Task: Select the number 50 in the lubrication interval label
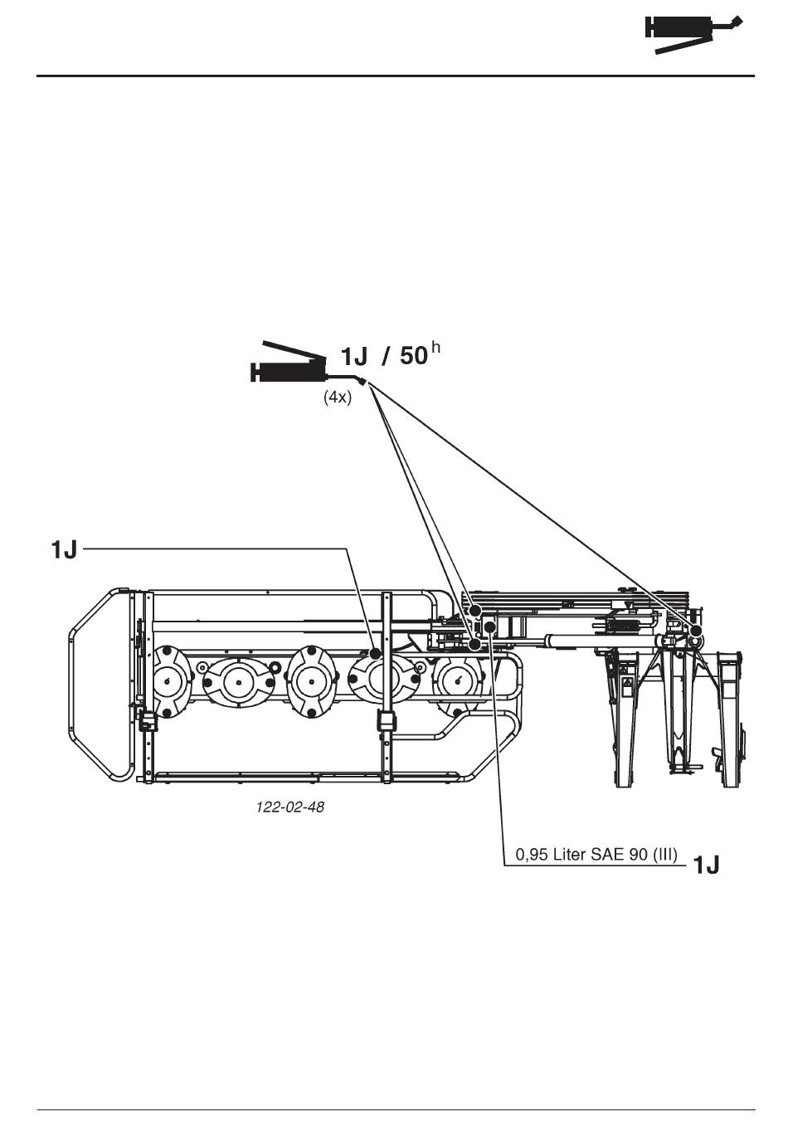click(414, 355)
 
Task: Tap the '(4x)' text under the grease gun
click(338, 397)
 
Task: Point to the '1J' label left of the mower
click(64, 549)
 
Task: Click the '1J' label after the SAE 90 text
click(705, 865)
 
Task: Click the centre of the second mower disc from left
click(238, 682)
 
